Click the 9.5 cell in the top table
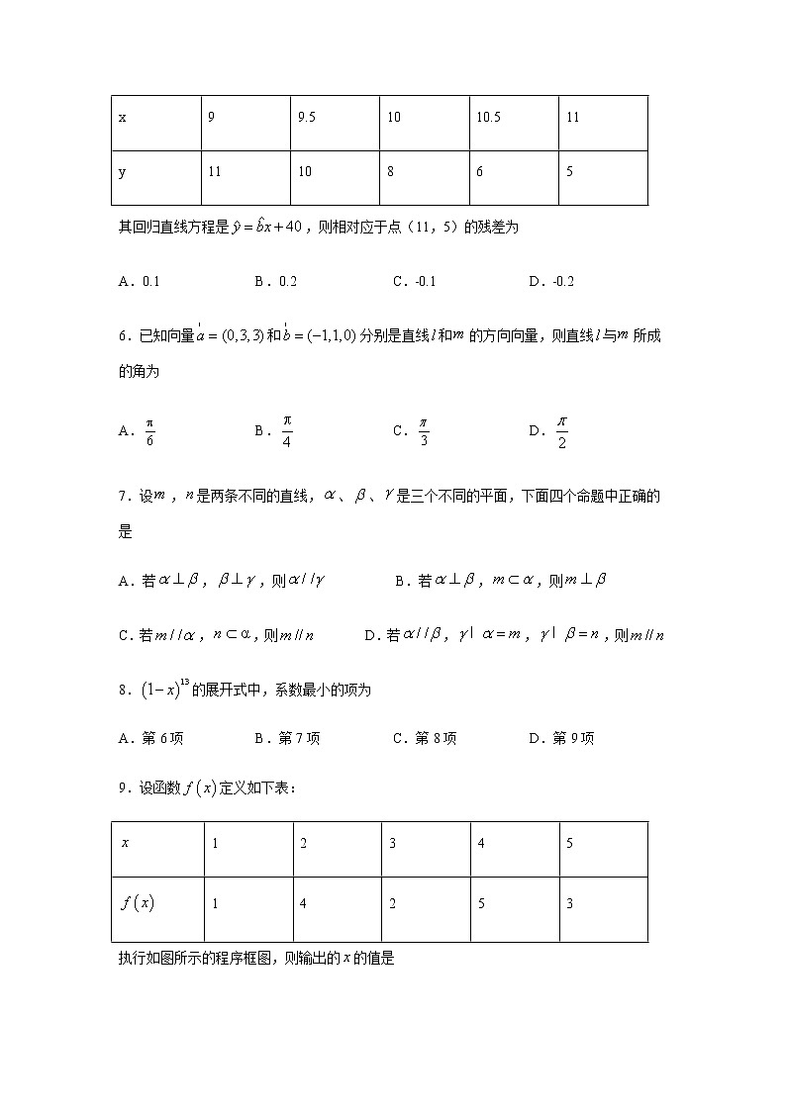[306, 118]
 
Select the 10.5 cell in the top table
[488, 118]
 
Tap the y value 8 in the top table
[391, 172]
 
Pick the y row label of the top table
[123, 172]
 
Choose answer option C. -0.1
[415, 281]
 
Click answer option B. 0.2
[276, 281]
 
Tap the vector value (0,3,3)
[230, 336]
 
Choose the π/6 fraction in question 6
[150, 431]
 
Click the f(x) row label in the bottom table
[138, 903]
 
